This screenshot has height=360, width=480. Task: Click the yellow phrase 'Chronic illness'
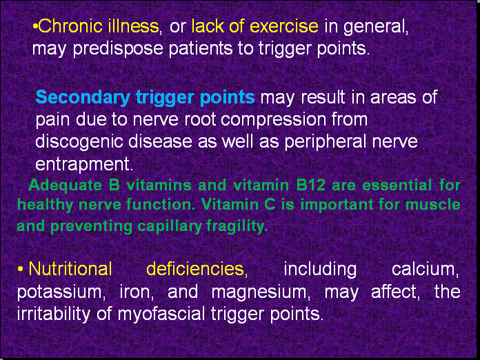tap(99, 27)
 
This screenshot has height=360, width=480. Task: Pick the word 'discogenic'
tap(77, 142)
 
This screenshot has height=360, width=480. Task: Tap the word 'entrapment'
tap(82, 165)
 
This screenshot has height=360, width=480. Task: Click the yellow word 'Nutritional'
tap(70, 268)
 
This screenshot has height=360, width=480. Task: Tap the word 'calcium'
tap(426, 268)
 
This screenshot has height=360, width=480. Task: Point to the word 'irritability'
tap(50, 314)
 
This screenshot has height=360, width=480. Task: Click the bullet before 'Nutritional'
tap(21, 268)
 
